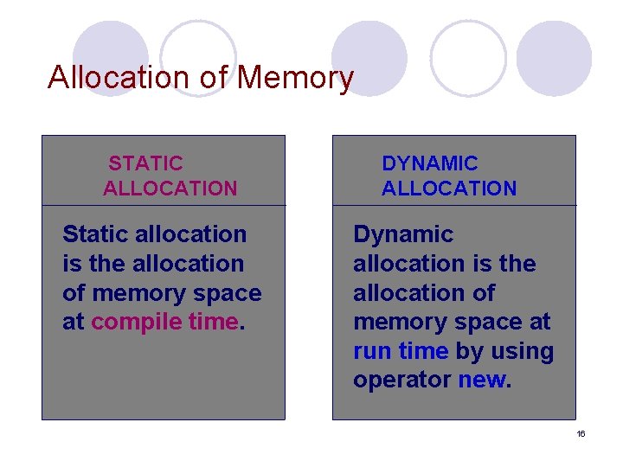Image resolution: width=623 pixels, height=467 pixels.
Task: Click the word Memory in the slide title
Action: [x=295, y=78]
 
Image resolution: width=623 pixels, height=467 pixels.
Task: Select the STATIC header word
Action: [x=145, y=163]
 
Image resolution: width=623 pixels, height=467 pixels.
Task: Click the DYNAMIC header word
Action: [x=429, y=163]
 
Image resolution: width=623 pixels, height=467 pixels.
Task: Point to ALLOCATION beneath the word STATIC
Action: [x=170, y=188]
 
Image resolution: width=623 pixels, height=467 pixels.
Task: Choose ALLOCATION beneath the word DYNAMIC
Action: [x=449, y=188]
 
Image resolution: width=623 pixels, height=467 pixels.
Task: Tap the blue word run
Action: [x=374, y=352]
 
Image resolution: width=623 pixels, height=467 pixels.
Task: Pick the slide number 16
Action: [x=581, y=433]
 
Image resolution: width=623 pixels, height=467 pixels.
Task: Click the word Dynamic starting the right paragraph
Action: [x=403, y=234]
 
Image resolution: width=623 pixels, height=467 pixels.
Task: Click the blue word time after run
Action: [x=422, y=352]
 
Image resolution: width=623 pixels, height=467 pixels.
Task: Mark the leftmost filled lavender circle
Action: [x=110, y=58]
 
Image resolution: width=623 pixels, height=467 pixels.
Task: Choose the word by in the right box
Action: [x=468, y=352]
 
